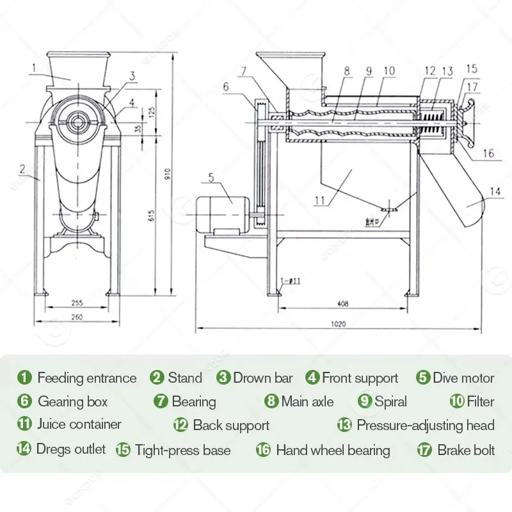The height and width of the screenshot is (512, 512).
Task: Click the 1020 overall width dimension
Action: pos(339,324)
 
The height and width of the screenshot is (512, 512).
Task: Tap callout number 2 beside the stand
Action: pos(22,169)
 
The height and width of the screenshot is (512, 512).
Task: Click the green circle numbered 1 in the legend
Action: pos(25,378)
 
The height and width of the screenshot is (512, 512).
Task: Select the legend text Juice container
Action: pos(79,424)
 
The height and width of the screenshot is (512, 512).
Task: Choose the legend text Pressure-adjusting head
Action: pos(426,425)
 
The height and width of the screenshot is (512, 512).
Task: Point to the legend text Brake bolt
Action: pos(466,450)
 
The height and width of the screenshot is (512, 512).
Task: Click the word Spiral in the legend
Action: pos(390,402)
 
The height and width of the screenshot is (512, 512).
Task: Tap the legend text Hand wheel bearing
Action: pos(333,450)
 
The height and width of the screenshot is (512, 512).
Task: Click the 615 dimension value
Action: pos(152,216)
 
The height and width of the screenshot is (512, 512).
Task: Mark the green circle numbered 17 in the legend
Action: pos(424,450)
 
